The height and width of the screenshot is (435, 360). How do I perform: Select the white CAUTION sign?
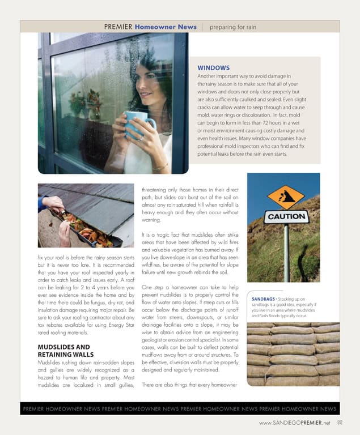click(287, 216)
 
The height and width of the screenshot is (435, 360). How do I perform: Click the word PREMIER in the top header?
click(118, 27)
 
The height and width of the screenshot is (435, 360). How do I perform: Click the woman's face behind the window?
click(149, 81)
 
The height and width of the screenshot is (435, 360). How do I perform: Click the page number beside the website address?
click(340, 423)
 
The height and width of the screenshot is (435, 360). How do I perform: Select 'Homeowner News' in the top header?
click(165, 27)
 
